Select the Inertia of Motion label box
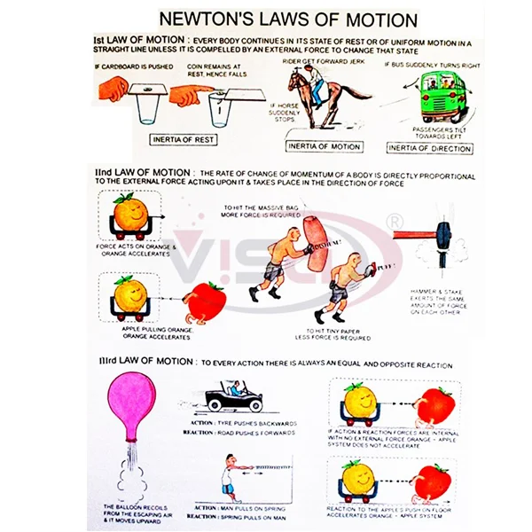coord(325,145)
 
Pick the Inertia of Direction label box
coord(432,147)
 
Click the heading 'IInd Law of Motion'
coord(141,176)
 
